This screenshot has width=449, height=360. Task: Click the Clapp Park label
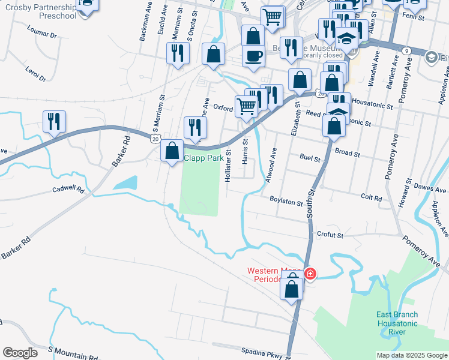point(204,158)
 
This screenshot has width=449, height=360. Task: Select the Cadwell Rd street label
point(68,189)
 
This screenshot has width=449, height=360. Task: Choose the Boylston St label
point(286,202)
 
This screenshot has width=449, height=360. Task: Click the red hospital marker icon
point(310,274)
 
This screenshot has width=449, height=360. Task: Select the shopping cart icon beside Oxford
point(246,106)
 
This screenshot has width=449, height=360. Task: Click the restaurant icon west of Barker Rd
point(54,121)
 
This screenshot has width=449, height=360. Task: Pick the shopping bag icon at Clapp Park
point(172,150)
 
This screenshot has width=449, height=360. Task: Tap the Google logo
point(19,353)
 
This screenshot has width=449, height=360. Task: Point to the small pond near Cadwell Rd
point(125,182)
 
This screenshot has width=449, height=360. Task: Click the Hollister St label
point(228,163)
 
